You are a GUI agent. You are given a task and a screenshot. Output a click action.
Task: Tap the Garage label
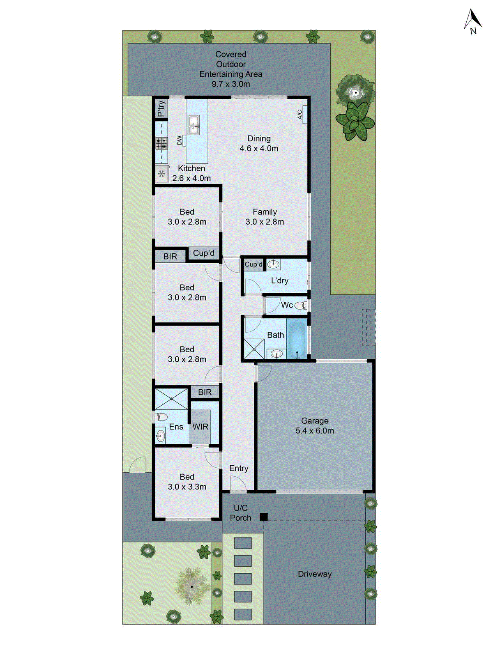315,421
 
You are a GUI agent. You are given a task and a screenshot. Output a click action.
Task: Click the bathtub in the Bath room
296,340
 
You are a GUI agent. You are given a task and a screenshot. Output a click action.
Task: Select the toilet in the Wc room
301,306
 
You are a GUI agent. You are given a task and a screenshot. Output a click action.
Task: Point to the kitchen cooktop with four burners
161,143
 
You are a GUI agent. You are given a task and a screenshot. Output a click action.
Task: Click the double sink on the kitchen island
194,125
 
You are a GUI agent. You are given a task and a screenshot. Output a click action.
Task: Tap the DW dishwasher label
180,140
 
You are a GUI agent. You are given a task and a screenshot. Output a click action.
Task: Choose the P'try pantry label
161,108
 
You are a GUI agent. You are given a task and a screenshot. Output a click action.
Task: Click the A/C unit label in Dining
300,115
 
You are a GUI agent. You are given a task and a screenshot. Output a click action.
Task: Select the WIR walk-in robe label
200,427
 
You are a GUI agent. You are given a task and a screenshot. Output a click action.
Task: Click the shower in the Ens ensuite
171,398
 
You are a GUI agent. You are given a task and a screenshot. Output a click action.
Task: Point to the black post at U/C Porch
264,517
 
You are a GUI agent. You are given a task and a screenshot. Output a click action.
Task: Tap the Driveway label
315,574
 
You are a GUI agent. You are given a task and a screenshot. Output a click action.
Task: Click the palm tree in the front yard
191,586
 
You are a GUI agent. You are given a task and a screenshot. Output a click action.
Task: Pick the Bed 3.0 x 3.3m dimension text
187,487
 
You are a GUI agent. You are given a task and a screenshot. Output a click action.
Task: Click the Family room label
265,212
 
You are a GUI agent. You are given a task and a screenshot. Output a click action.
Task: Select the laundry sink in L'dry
273,264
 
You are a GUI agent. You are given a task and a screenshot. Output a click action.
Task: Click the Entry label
239,469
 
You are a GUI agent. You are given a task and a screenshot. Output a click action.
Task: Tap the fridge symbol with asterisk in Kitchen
162,174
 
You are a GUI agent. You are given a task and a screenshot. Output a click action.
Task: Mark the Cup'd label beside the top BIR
204,253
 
